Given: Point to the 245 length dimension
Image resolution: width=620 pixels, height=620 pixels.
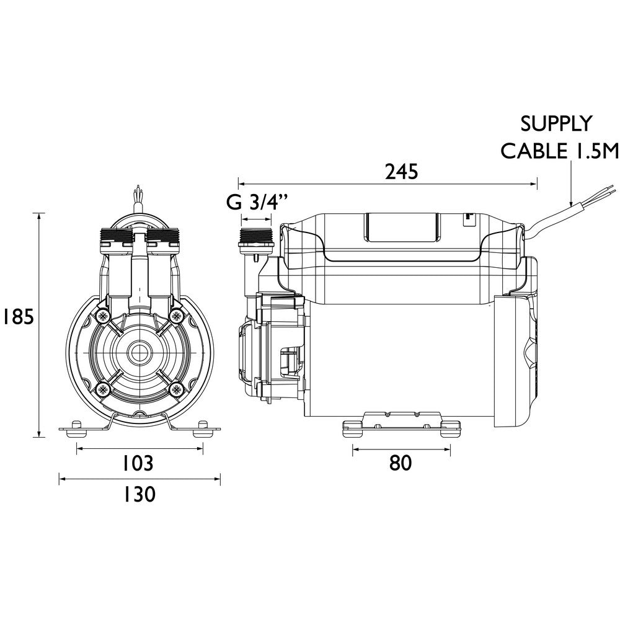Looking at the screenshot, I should coord(401,172).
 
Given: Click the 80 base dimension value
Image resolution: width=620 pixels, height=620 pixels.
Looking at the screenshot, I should coord(401,463).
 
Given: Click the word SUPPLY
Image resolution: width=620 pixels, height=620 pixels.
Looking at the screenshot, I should coord(556,124).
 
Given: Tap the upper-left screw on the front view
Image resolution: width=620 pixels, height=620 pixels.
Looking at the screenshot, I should coord(101,316).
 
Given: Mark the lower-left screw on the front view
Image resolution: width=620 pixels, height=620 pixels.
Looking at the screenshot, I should coord(101,390).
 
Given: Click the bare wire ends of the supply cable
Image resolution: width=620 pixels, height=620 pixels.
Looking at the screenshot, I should coord(598,189).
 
